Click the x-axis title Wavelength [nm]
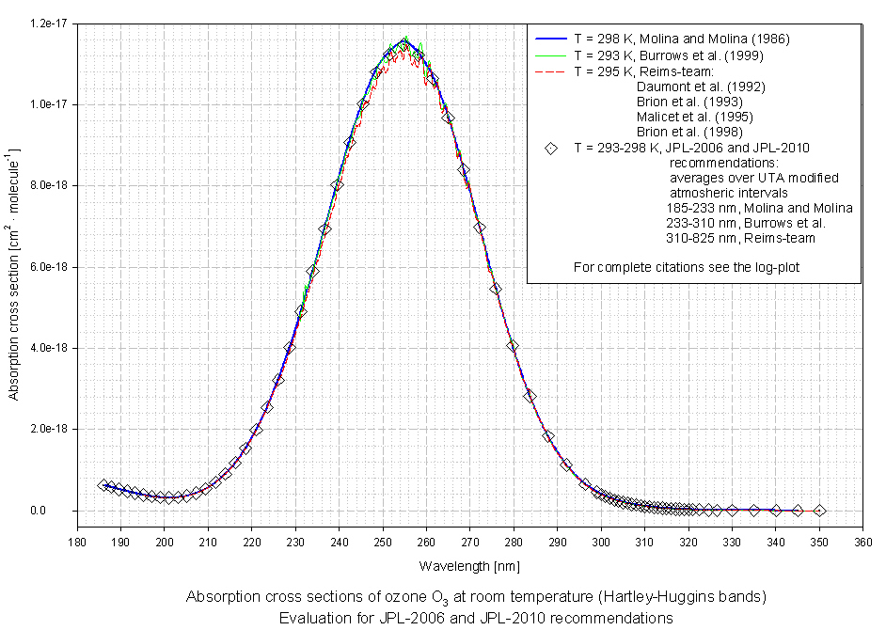pyautogui.click(x=469, y=566)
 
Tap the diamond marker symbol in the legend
pyautogui.click(x=551, y=148)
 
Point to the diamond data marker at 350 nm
pyautogui.click(x=819, y=511)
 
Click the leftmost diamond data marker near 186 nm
pyautogui.click(x=103, y=485)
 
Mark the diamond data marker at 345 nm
pyautogui.click(x=798, y=511)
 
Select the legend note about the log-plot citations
pyautogui.click(x=687, y=267)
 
